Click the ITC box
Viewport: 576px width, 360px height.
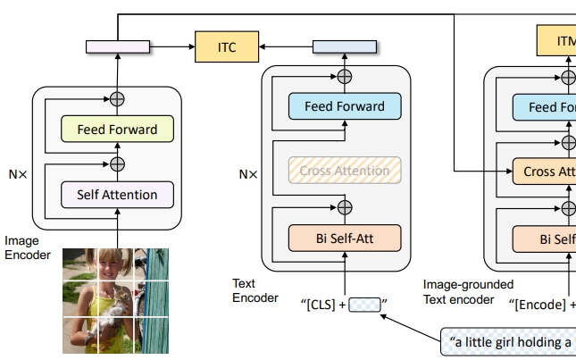point(227,46)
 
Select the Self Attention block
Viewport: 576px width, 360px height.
point(117,195)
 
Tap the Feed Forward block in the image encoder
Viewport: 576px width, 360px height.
point(117,130)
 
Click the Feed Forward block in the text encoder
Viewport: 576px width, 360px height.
point(344,106)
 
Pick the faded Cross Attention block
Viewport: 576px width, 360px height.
point(344,171)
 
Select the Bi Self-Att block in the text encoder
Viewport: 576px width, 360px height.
point(344,238)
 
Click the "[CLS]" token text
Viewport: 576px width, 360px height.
point(318,305)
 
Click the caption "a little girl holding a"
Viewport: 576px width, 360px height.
point(510,341)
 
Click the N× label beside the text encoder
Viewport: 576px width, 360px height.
point(247,174)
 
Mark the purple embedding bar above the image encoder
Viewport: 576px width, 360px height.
point(117,46)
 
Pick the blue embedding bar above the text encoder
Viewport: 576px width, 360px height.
point(344,46)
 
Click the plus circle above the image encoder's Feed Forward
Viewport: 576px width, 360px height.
point(117,99)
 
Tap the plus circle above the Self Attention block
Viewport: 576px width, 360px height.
point(117,163)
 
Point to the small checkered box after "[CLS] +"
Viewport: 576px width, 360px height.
point(364,305)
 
